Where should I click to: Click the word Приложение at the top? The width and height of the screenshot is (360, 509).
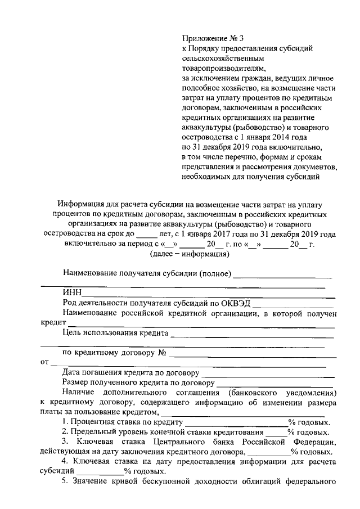click(203, 39)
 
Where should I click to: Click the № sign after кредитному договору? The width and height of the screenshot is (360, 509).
click(164, 353)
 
